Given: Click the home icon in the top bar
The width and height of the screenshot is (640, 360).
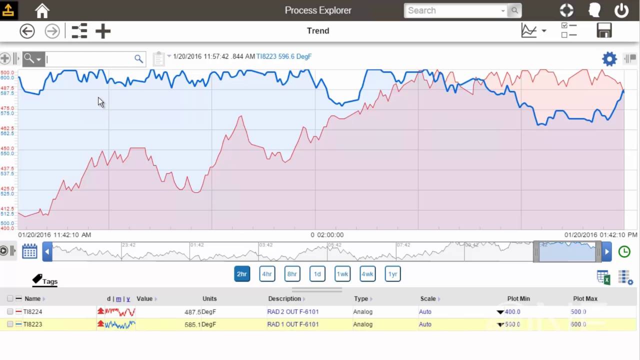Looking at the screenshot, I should click(42, 10).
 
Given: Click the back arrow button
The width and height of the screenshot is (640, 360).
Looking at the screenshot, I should click(27, 31).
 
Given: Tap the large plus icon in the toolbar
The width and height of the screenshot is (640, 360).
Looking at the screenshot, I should click(103, 31).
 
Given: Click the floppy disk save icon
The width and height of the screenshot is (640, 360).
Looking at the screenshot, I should click(604, 30).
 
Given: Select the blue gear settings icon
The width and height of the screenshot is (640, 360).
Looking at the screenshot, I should click(609, 59).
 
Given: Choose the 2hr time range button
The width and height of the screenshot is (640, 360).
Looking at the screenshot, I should click(242, 274).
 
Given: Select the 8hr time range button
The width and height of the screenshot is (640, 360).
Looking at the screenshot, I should click(292, 274).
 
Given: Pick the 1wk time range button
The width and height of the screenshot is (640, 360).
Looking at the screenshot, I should click(342, 274).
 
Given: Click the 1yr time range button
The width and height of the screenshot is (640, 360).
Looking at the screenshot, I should click(392, 274).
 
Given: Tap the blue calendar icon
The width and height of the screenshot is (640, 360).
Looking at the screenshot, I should click(29, 251).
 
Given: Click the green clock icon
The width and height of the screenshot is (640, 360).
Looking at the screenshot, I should click(624, 251).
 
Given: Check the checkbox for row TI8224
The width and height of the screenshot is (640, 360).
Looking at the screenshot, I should click(10, 311).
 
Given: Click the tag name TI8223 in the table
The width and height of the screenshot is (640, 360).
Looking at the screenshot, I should click(32, 324).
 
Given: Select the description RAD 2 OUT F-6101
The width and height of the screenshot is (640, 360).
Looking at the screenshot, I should click(293, 311).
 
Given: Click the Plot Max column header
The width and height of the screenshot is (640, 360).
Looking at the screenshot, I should click(585, 298).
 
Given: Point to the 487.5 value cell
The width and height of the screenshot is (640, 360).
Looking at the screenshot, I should click(192, 311).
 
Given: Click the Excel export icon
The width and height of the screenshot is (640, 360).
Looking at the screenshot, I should click(603, 277).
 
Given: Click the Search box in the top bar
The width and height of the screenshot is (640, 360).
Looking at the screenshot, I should click(453, 10).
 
